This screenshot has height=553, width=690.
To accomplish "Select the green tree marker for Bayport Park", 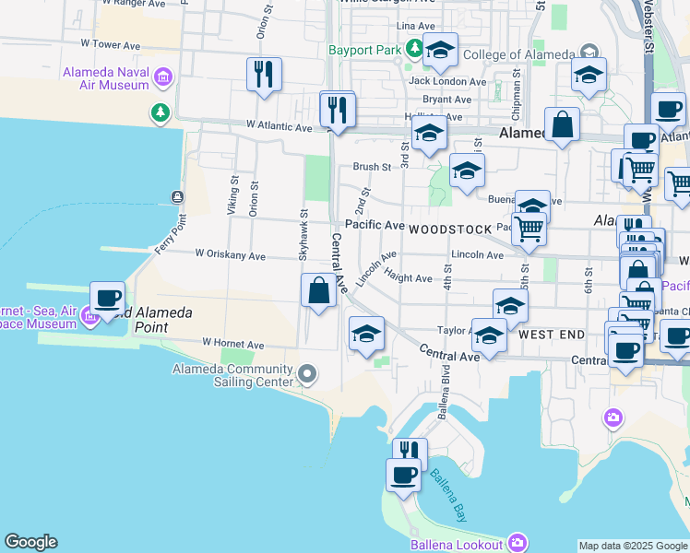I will (x=415, y=47).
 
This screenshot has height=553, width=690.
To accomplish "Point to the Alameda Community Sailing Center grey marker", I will (x=308, y=374).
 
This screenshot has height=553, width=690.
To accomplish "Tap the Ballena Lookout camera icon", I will (x=518, y=542).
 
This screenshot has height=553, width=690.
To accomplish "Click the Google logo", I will (x=30, y=542).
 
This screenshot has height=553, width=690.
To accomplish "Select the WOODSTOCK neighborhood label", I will (x=446, y=227).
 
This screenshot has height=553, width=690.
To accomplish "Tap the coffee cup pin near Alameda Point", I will (x=108, y=300).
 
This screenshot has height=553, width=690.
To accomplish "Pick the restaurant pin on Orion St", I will (x=264, y=75).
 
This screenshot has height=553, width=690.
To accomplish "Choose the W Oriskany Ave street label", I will (x=230, y=256).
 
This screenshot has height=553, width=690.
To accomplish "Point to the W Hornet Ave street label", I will (x=233, y=345).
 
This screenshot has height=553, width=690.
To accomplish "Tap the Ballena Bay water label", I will (x=448, y=497).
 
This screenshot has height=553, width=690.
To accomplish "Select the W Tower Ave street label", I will (x=110, y=43).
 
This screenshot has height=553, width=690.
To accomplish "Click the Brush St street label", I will (x=372, y=167).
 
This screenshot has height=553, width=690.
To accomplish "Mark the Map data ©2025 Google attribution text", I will (x=633, y=546).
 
